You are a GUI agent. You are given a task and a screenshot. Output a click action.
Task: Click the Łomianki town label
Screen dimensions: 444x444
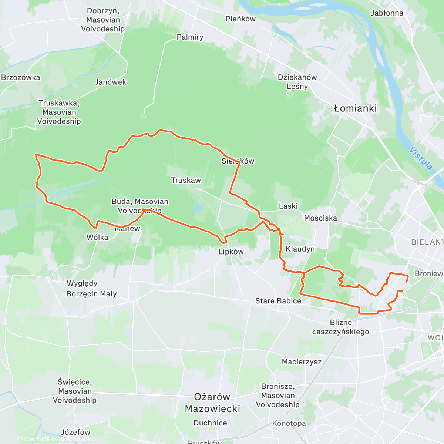(355, 108)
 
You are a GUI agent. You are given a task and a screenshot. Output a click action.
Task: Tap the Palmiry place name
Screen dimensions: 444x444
(190, 37)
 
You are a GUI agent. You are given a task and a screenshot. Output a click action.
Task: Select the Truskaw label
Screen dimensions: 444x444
(186, 180)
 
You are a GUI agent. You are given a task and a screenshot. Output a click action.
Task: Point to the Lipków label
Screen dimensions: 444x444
(231, 252)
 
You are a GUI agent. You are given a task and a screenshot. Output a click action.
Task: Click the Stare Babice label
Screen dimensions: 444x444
(278, 301)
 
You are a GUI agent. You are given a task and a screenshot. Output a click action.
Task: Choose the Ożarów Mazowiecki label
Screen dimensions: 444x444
(212, 403)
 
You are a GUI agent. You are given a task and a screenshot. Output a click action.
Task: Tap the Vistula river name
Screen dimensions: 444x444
(421, 158)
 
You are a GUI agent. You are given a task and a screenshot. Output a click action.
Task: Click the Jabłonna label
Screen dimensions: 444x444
(387, 13)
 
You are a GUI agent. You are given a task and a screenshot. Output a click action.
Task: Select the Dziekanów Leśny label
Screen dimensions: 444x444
(297, 82)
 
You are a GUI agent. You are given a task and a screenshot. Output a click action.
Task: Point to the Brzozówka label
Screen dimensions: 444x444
(21, 77)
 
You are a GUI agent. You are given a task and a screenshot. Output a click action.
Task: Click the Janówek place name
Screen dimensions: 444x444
(111, 82)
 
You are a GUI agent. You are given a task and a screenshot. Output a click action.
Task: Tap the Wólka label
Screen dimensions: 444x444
(97, 237)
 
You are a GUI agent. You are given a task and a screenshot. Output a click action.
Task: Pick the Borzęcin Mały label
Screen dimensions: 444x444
(91, 294)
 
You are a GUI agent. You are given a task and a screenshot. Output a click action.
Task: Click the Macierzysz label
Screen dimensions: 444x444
(302, 361)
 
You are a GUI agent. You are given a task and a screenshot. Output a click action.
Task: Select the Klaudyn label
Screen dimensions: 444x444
(300, 249)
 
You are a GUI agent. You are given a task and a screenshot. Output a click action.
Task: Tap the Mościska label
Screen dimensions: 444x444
(320, 218)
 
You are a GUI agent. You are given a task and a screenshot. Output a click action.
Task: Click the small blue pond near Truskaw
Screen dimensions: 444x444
(199, 207)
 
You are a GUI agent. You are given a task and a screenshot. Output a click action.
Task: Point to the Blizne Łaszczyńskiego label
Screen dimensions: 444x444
(340, 327)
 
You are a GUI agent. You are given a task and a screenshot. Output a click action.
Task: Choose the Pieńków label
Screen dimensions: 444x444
(240, 18)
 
